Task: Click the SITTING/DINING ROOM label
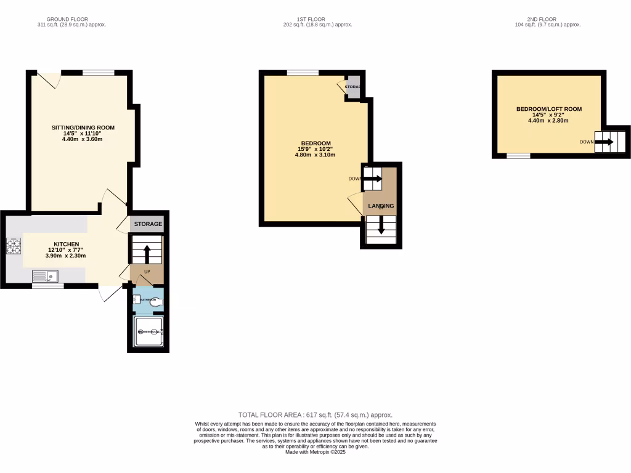pos(83,128)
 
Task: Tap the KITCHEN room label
pos(65,245)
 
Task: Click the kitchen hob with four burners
pos(14,246)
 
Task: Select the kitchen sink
pos(46,277)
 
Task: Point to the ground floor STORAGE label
pos(148,224)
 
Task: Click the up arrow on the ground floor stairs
pos(147,253)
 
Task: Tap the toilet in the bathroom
pos(155,302)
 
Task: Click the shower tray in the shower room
pos(149,332)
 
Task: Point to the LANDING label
pos(381,206)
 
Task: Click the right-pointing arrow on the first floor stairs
pos(373,179)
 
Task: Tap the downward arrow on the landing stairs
pos(381,227)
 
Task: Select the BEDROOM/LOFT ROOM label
pos(548,110)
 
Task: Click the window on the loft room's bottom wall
pos(518,156)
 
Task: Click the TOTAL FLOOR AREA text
pos(315,415)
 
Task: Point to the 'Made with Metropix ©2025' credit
pos(315,452)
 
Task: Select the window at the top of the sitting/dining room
pos(99,73)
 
